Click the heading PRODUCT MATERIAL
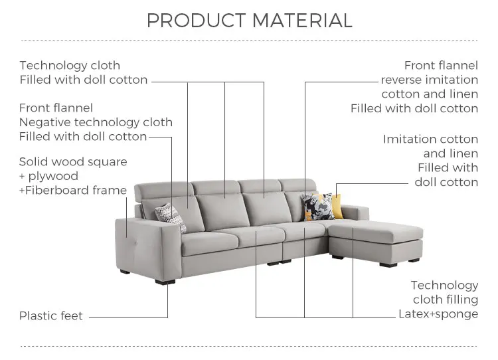click(249, 21)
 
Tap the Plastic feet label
click(51, 316)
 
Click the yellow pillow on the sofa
click(337, 205)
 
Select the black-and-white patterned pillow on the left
click(171, 217)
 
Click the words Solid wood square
click(73, 161)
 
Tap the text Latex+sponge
click(438, 314)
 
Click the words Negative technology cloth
click(96, 122)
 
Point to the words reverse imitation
click(429, 80)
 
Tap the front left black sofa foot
click(161, 282)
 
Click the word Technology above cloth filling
click(444, 285)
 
